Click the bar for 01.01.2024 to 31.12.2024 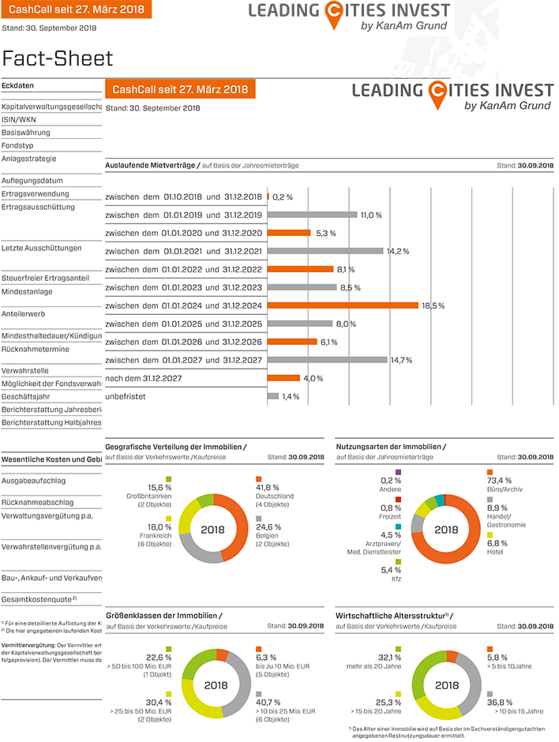[343, 305]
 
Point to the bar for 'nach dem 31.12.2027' [284, 378]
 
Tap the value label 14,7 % [401, 360]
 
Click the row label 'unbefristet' [126, 396]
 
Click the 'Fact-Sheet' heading [58, 58]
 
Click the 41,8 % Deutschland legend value [267, 487]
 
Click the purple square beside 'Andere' [398, 472]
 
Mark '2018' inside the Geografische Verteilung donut [212, 529]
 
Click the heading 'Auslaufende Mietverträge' [150, 166]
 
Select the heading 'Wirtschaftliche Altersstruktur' [389, 615]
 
